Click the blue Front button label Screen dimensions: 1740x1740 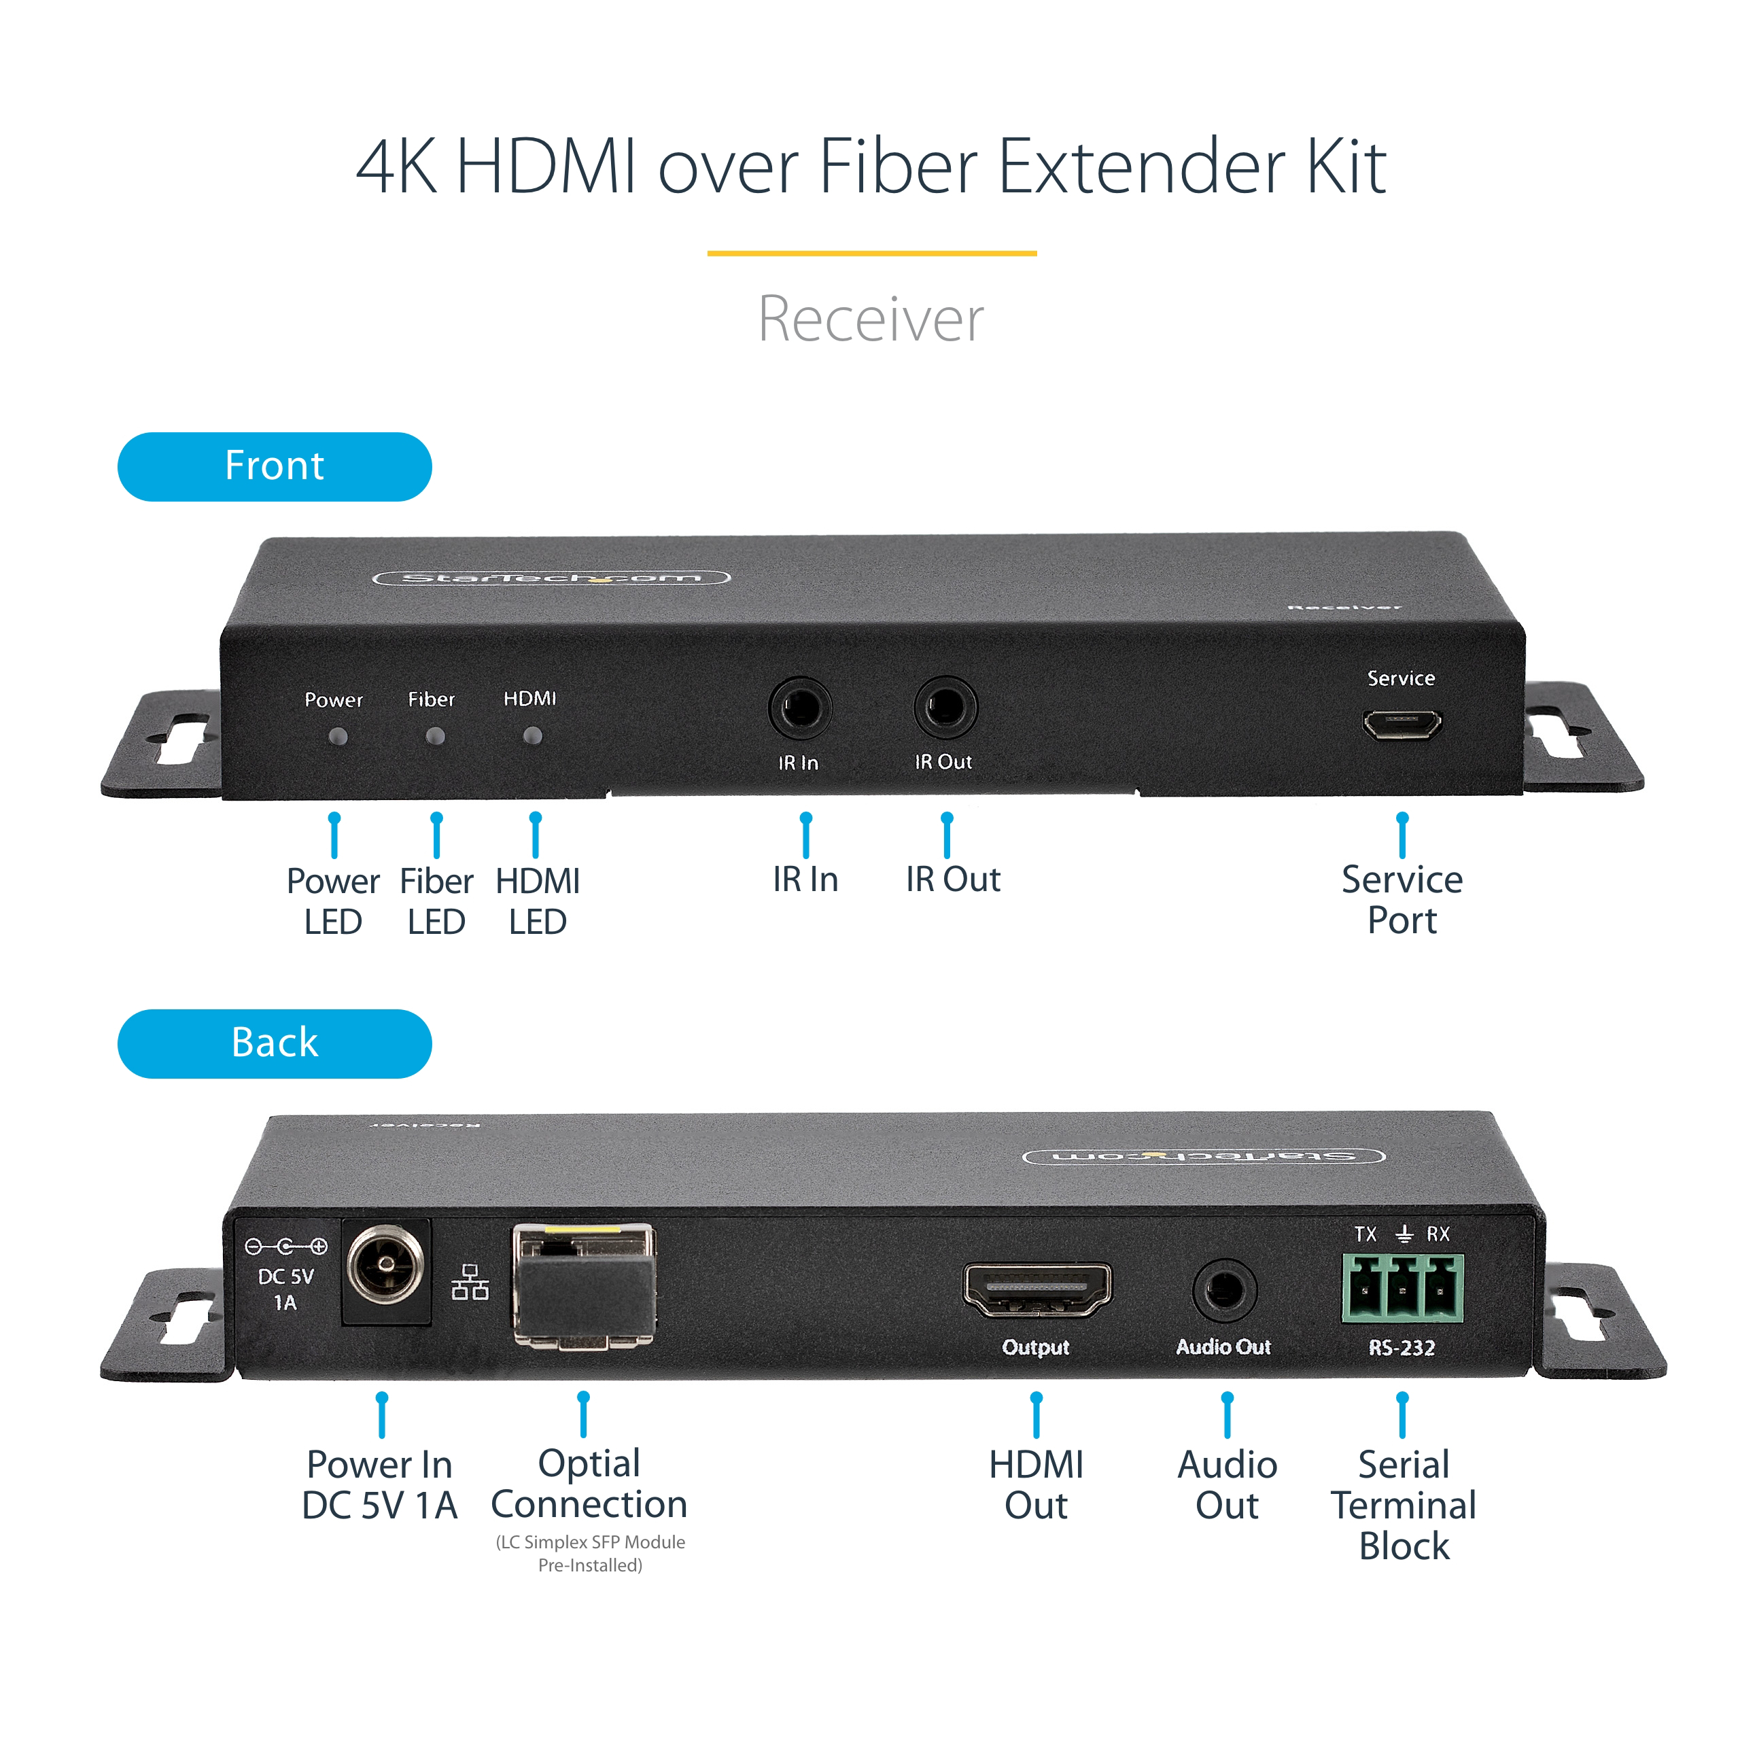274,466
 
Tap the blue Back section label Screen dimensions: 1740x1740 274,1043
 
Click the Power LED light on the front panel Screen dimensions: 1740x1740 338,737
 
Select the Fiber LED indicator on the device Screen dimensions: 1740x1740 436,737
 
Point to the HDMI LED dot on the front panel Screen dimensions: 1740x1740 532,736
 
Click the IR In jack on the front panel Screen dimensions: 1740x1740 800,708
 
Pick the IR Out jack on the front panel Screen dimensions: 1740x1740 945,707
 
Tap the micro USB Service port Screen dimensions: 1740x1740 1402,724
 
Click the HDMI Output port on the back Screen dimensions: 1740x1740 1037,1289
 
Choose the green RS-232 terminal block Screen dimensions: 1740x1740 1402,1288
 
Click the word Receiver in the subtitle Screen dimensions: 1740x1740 870,319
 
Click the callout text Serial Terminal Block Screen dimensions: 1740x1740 1402,1505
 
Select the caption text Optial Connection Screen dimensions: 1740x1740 589,1484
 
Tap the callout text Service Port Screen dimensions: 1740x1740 1402,899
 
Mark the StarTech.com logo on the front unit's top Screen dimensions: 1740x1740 551,577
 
